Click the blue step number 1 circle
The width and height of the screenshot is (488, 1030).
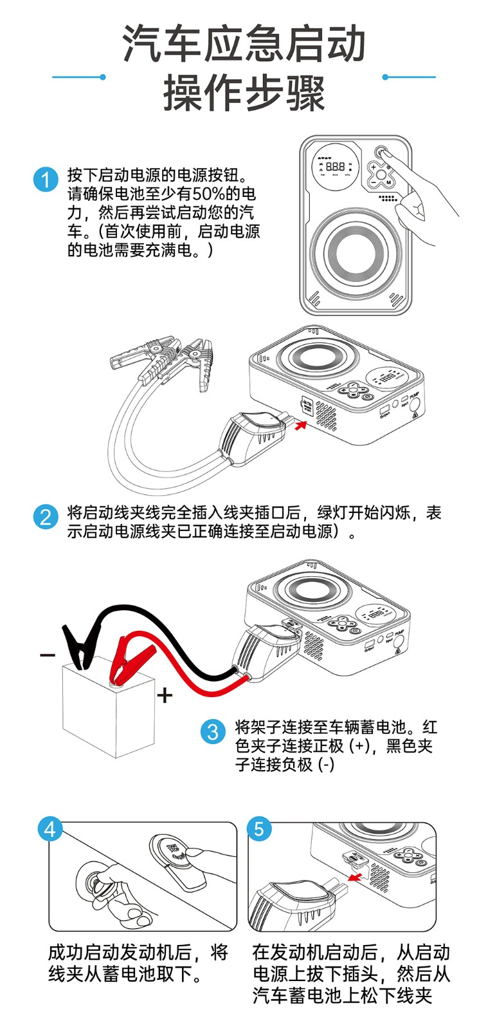tap(46, 180)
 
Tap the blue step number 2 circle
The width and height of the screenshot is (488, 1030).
tap(46, 517)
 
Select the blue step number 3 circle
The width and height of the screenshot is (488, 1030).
tap(213, 732)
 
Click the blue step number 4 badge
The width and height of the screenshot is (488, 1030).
tap(50, 829)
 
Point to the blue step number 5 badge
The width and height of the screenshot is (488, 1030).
tap(258, 829)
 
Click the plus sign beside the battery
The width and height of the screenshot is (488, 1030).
tap(165, 695)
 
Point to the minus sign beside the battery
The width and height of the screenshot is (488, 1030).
tap(48, 655)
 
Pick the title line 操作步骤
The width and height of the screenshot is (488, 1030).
tap(244, 93)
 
